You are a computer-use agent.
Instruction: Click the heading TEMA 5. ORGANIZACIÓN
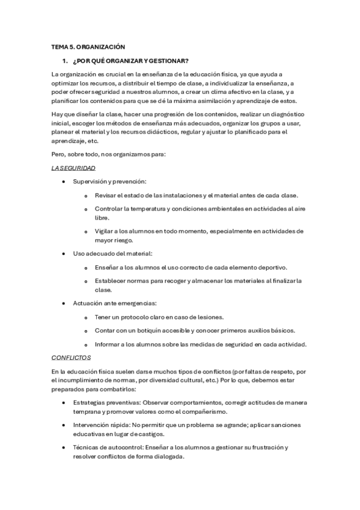pyautogui.click(x=88, y=46)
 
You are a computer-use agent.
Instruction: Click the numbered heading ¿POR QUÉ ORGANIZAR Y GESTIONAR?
pyautogui.click(x=131, y=61)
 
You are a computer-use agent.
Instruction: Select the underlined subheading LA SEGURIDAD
pyautogui.click(x=73, y=168)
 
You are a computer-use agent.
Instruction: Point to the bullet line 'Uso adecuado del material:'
pyautogui.click(x=113, y=253)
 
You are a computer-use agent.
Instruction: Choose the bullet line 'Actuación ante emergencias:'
pyautogui.click(x=115, y=303)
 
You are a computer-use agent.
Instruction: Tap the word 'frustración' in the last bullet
pyautogui.click(x=266, y=447)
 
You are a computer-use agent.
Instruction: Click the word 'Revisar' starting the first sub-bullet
pyautogui.click(x=106, y=195)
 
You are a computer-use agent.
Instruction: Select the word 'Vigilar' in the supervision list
pyautogui.click(x=105, y=231)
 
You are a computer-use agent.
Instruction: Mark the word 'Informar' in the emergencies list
pyautogui.click(x=108, y=344)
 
